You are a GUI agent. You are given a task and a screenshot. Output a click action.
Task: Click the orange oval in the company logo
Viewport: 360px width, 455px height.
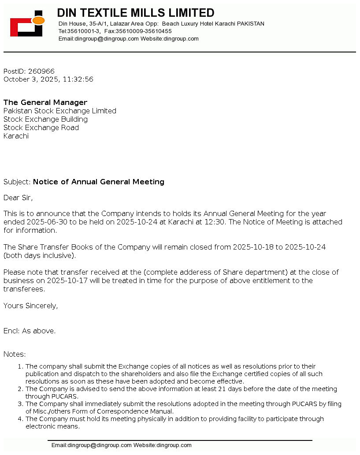[38, 20]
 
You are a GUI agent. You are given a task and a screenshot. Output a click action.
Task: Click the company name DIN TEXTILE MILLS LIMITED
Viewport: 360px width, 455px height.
[136, 13]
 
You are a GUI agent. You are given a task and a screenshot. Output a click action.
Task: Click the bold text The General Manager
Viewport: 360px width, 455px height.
[45, 103]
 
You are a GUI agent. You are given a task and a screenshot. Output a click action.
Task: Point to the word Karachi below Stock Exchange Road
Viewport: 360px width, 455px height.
[16, 136]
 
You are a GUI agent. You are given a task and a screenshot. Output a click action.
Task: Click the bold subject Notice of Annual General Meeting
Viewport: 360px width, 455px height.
[99, 182]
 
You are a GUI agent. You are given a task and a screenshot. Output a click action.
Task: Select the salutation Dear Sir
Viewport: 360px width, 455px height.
[18, 198]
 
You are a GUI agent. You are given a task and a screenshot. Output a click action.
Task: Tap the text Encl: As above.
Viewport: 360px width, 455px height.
[30, 331]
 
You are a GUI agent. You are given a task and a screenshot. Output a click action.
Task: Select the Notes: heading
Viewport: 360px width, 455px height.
[15, 354]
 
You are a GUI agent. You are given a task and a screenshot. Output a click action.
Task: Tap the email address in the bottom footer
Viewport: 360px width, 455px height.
[91, 445]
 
